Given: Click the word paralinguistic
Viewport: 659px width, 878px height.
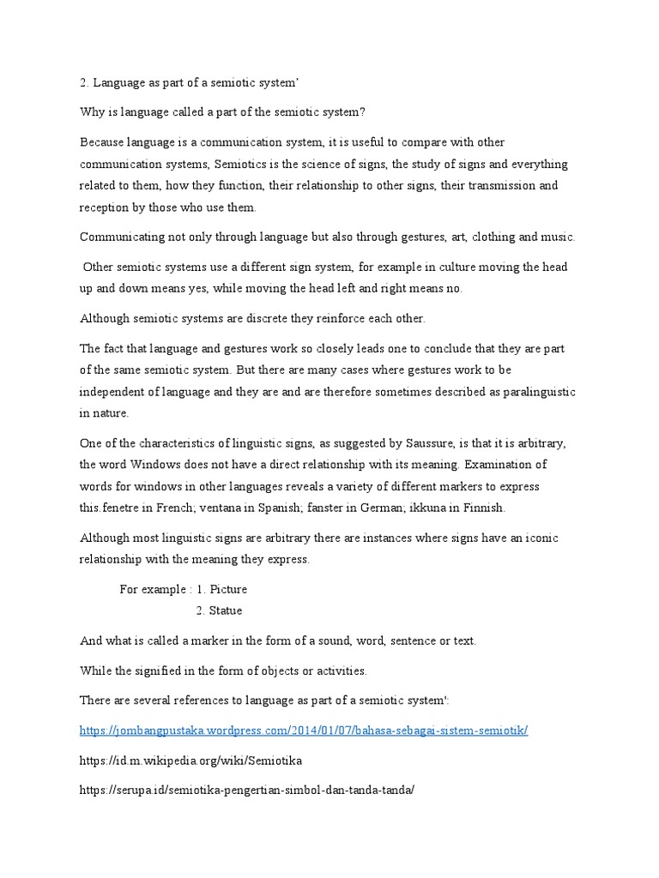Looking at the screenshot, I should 532,391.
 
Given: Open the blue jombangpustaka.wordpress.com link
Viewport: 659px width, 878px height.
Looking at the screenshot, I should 304,730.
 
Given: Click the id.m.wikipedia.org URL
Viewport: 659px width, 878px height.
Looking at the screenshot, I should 190,760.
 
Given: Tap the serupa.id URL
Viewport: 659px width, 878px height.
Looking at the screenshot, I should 247,790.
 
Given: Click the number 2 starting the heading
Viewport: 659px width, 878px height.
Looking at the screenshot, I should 83,81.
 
